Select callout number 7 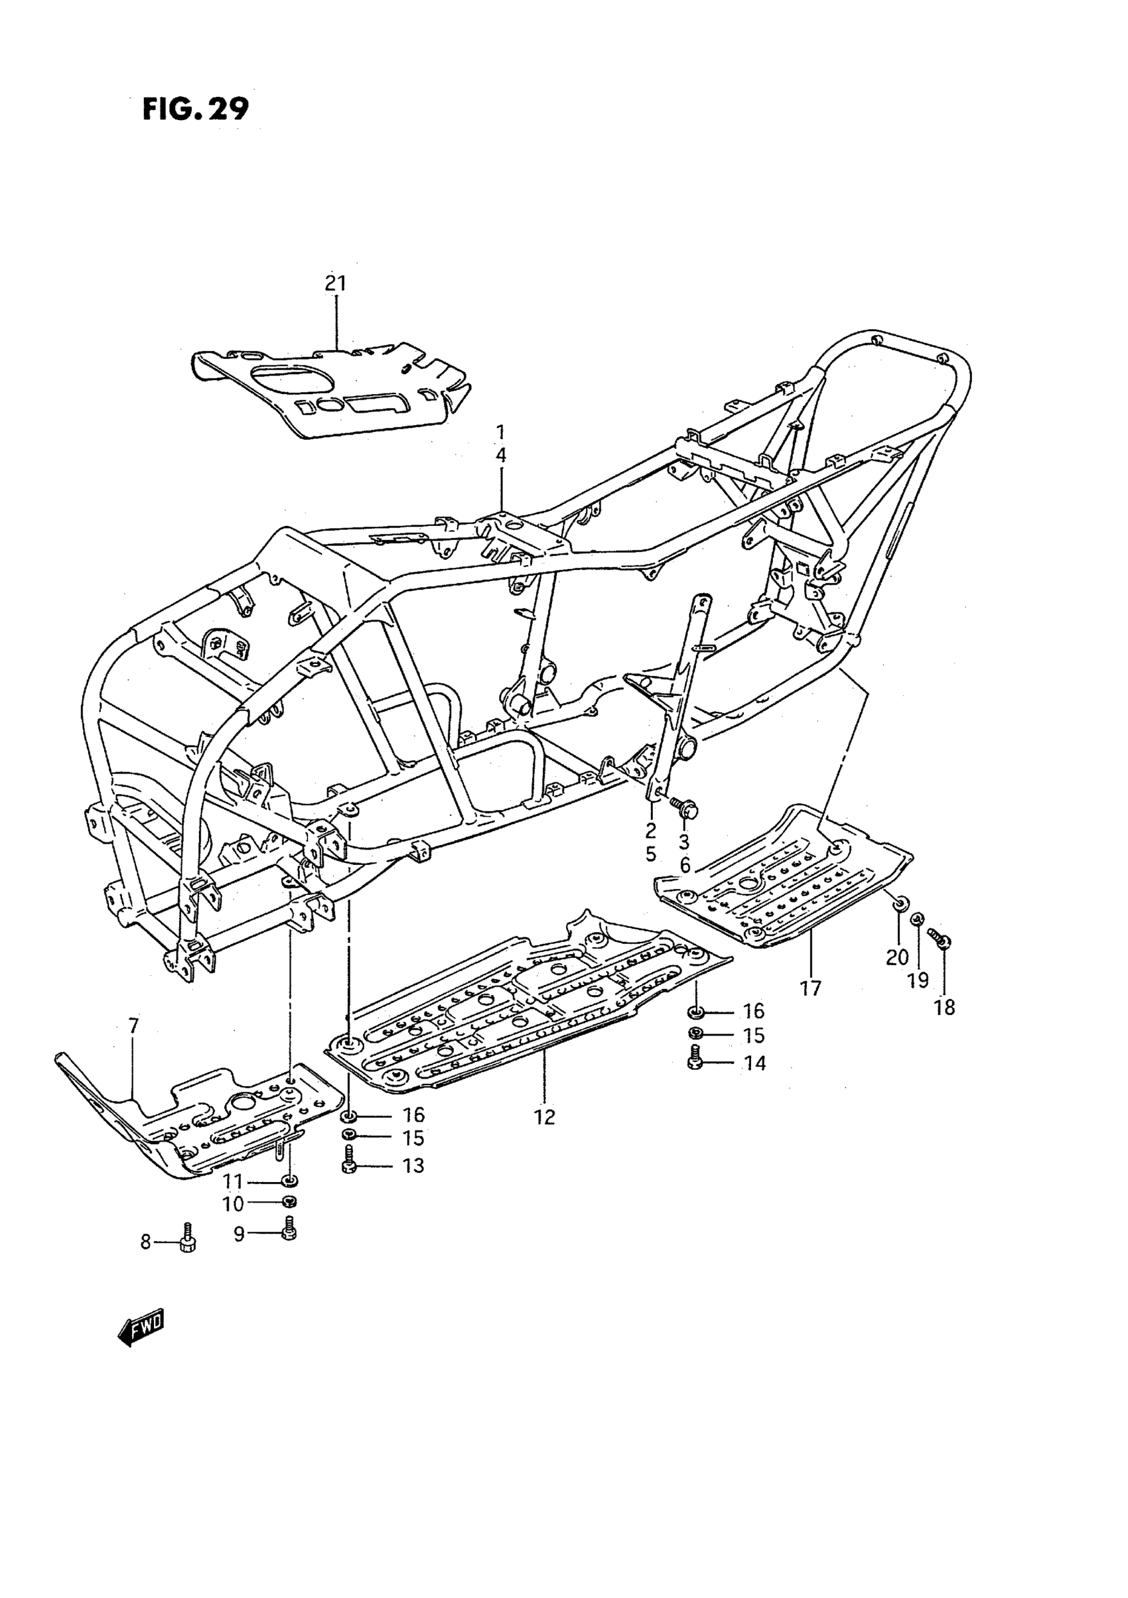click(x=133, y=1026)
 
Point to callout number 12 click(x=545, y=1117)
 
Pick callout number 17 click(x=810, y=988)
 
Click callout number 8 click(x=145, y=1242)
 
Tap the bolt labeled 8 click(x=187, y=1240)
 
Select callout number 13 click(x=413, y=1165)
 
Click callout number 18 click(x=944, y=1007)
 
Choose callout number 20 click(x=897, y=957)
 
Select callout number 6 click(x=685, y=865)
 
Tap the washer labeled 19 click(x=918, y=919)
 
